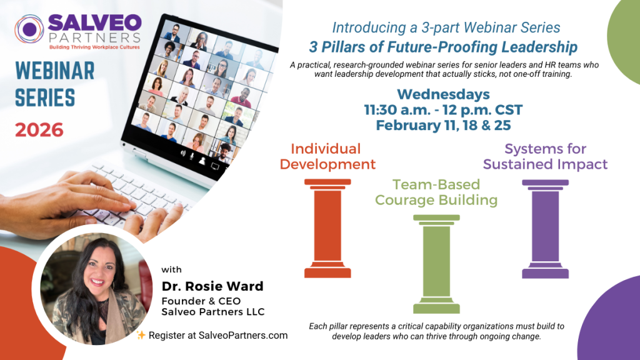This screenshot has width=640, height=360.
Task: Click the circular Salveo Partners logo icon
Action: [29, 29]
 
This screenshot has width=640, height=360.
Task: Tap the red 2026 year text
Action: [39, 130]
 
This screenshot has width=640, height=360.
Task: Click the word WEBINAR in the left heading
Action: [55, 71]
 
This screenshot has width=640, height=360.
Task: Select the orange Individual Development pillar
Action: [327, 229]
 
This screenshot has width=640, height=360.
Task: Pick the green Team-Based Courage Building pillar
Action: [436, 264]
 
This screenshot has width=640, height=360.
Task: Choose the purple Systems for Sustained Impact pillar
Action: [545, 229]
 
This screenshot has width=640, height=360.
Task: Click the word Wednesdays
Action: [443, 94]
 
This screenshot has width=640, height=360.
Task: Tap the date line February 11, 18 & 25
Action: [443, 125]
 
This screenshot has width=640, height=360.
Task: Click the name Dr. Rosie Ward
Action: [212, 286]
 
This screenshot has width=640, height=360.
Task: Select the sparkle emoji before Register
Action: [141, 335]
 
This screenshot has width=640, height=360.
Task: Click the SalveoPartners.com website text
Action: [243, 336]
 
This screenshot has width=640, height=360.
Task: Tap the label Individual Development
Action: [327, 156]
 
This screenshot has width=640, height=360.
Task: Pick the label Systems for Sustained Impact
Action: [545, 156]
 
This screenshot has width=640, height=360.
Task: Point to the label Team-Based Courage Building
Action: [436, 192]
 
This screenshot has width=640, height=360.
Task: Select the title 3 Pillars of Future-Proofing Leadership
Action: [443, 47]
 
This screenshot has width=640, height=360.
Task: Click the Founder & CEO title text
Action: [201, 301]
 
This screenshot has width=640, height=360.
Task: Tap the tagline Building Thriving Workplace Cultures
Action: [94, 47]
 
